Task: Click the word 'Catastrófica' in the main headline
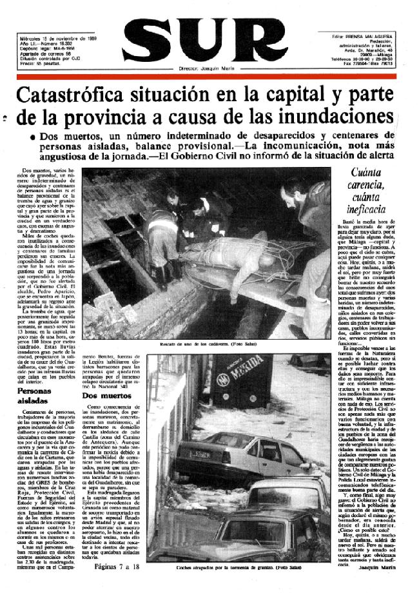coord(71,97)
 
